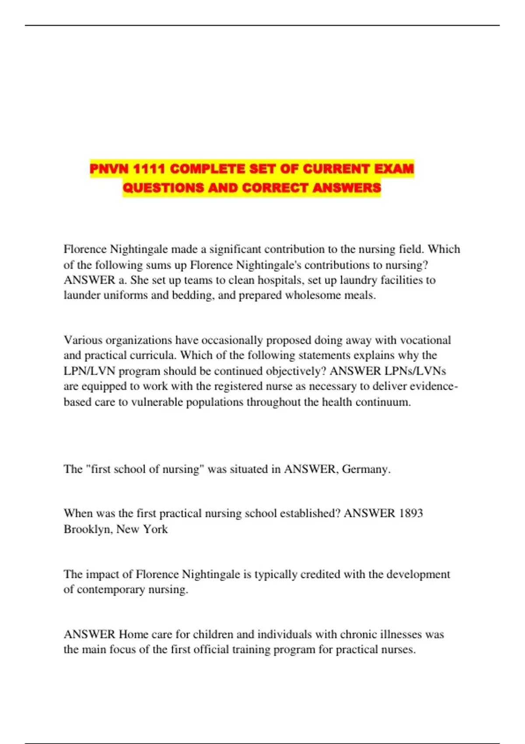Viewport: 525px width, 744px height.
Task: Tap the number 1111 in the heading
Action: pyautogui.click(x=149, y=169)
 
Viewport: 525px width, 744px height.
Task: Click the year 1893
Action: pyautogui.click(x=411, y=513)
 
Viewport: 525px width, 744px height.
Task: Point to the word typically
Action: pyautogui.click(x=276, y=574)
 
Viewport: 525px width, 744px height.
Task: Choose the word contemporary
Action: pyautogui.click(x=111, y=590)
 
